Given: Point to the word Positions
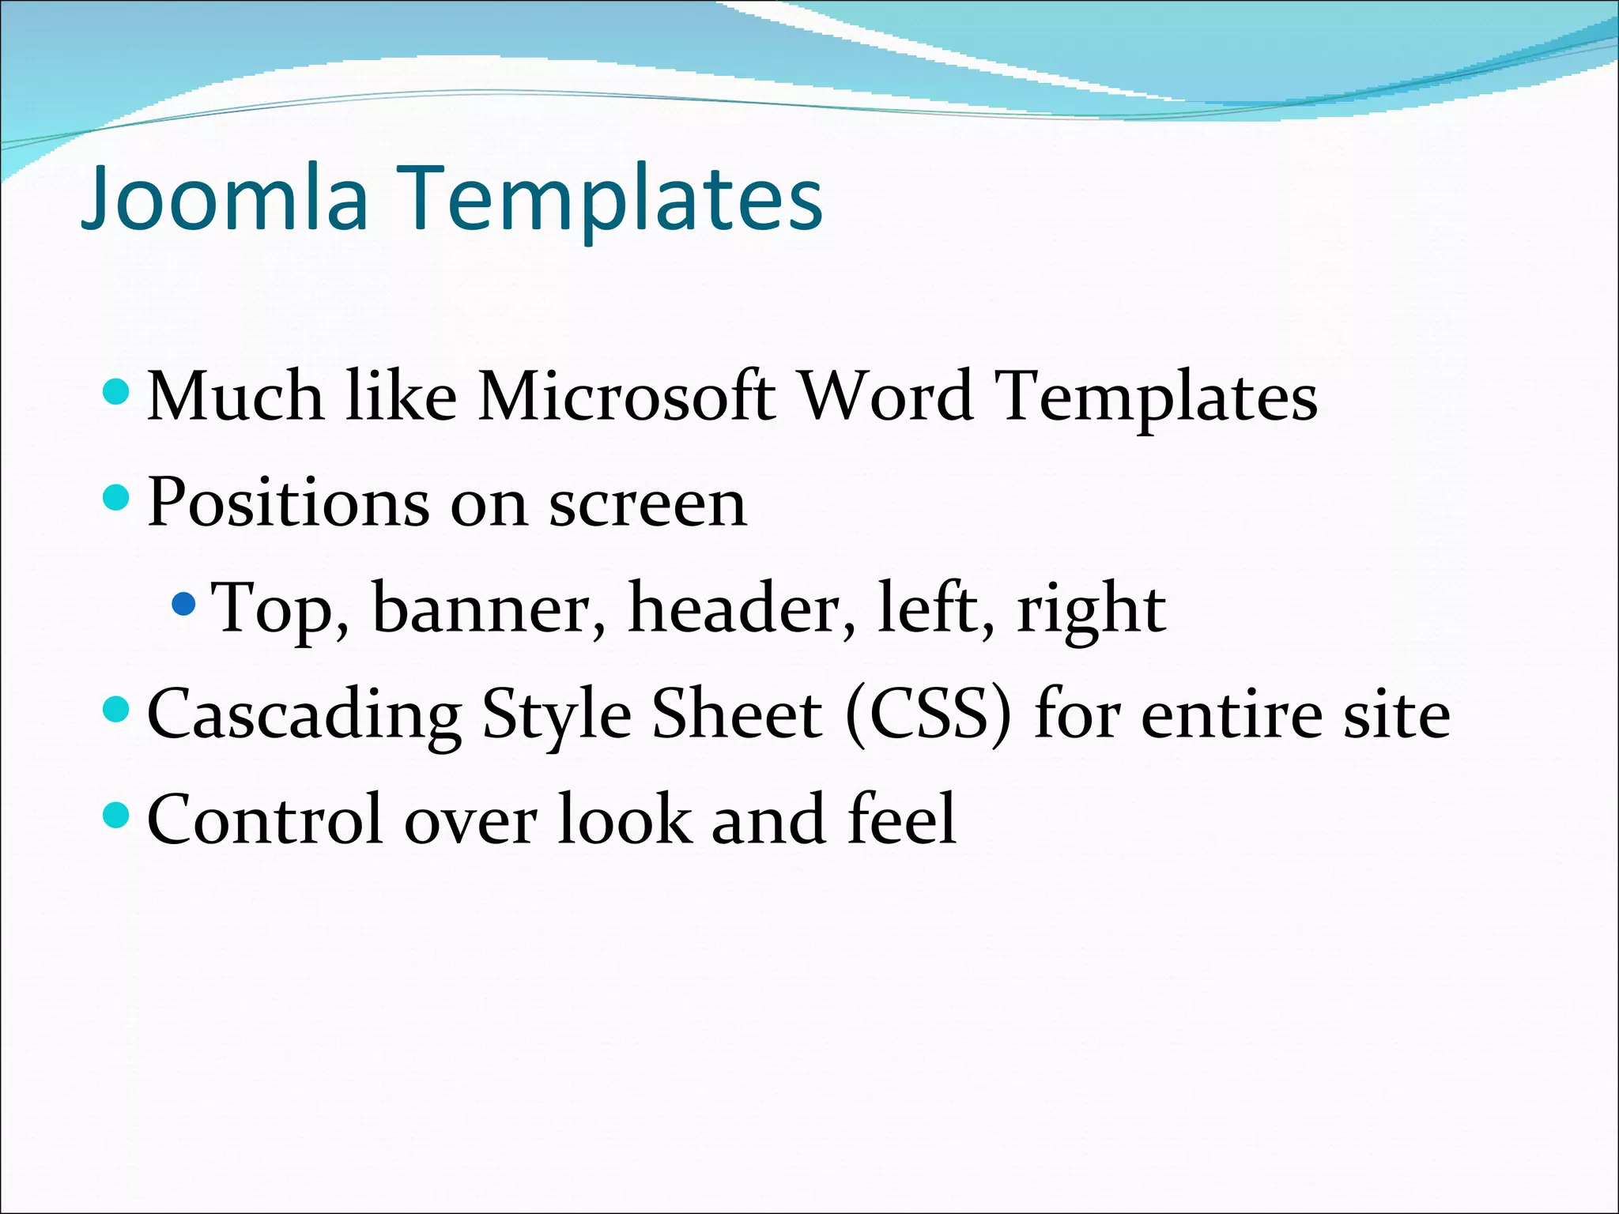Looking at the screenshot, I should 289,503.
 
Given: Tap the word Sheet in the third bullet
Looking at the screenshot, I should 736,714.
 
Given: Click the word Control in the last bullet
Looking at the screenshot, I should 266,820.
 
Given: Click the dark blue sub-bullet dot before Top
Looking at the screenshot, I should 183,605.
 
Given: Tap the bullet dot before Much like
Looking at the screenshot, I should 116,391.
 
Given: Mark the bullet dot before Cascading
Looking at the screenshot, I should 116,710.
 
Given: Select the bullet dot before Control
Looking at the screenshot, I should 116,815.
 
